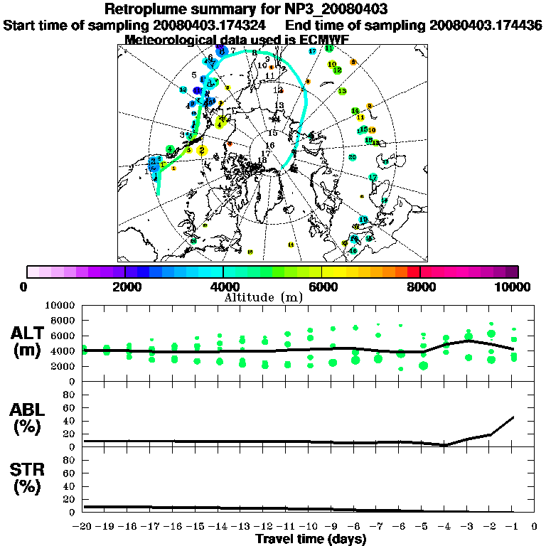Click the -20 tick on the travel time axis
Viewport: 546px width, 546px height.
(x=83, y=526)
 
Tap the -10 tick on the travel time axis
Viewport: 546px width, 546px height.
(x=310, y=526)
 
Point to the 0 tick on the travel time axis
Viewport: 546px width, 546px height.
(x=535, y=526)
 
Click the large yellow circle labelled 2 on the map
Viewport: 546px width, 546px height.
(x=202, y=150)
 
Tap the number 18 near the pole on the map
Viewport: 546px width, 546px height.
(x=262, y=161)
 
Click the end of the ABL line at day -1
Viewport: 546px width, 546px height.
(x=513, y=417)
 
